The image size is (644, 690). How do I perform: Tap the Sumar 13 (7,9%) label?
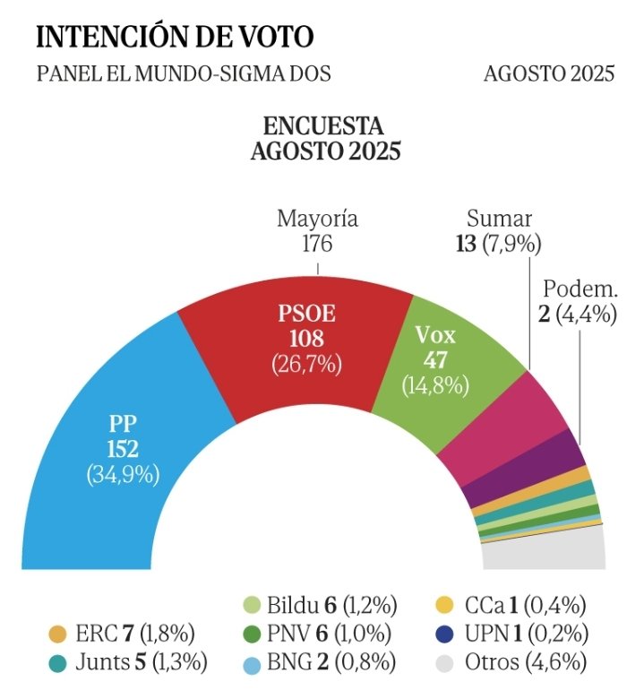(x=500, y=231)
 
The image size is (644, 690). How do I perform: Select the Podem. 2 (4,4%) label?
(x=579, y=302)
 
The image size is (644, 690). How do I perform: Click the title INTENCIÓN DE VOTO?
(x=175, y=37)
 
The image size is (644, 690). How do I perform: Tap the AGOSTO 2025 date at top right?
(x=549, y=73)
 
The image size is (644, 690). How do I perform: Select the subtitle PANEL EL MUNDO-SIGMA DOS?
(x=184, y=73)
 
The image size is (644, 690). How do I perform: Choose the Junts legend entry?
(x=125, y=663)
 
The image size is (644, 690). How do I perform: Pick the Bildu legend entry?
(x=319, y=605)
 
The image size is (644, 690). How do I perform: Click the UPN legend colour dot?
(x=446, y=634)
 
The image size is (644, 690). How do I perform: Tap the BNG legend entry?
(x=319, y=663)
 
